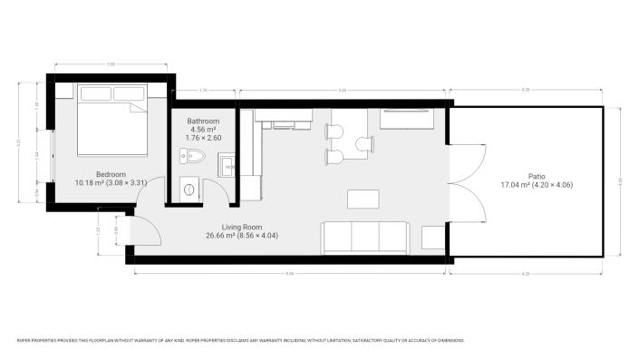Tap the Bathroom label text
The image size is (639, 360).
coord(203,121)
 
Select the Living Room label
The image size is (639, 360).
coord(242,227)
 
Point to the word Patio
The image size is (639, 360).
coord(537,177)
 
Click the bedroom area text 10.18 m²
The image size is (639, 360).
coord(91,182)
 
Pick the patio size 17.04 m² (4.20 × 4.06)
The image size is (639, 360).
coord(537,185)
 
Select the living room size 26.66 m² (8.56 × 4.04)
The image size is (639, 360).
coord(242,235)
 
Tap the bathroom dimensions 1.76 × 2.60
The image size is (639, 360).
coord(203,138)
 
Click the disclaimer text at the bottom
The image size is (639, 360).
coord(241,340)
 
